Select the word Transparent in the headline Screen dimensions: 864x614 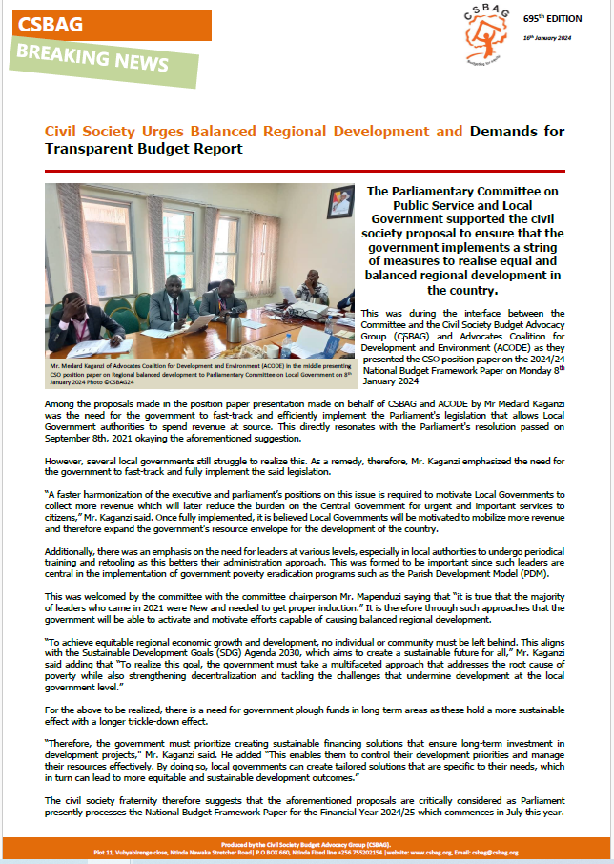tap(91, 149)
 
